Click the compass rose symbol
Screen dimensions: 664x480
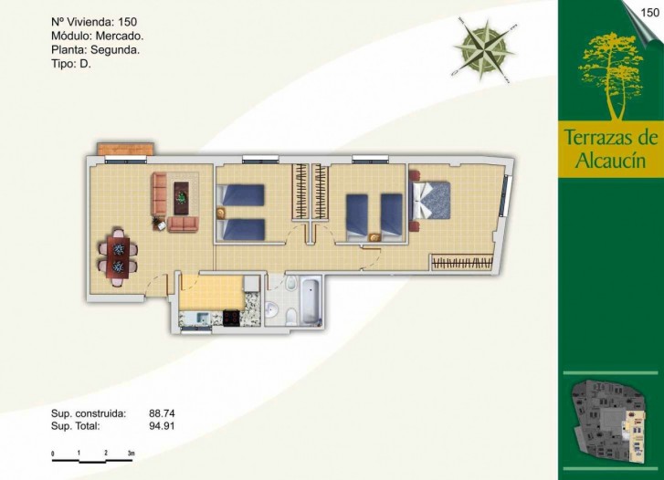pos(484,50)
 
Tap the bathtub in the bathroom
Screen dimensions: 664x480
pos(311,300)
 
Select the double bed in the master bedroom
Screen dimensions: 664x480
pos(431,200)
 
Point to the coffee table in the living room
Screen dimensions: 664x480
pos(182,198)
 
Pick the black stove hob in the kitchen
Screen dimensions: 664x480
pos(231,318)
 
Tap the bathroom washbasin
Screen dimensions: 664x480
pos(272,309)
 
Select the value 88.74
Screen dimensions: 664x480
pos(162,413)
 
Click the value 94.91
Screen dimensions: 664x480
pos(162,426)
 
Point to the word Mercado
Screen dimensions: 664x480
pos(120,36)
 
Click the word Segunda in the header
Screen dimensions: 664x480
pos(115,50)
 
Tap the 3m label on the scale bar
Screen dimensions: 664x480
pos(131,453)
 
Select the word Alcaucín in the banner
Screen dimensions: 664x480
pos(610,161)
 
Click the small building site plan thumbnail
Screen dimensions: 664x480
pos(610,422)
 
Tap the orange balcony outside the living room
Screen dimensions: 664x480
pos(125,149)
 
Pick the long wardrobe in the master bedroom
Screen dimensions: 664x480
pos(462,263)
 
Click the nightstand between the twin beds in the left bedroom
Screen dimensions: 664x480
pos(221,212)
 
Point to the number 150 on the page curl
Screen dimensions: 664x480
pos(649,13)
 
